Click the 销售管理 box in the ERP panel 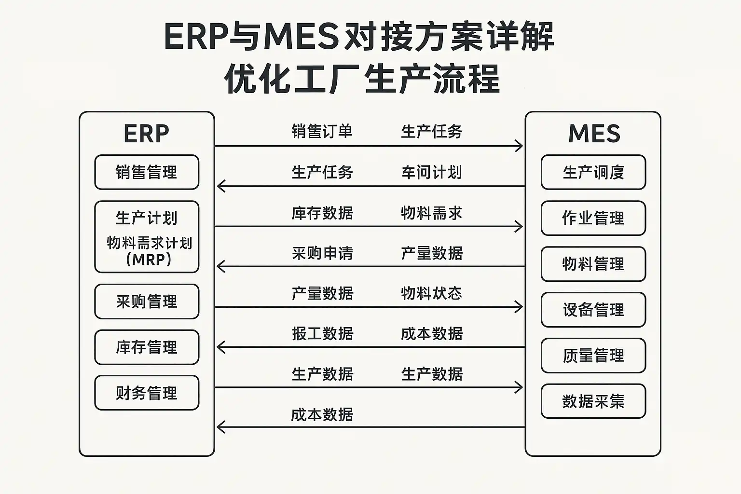147,172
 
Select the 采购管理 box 147,302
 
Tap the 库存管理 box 147,347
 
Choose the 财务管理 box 147,393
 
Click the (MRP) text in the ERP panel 149,260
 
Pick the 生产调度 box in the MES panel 593,172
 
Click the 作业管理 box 593,218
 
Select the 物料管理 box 593,264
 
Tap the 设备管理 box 593,310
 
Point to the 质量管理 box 593,356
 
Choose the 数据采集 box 593,401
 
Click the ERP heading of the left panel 147,134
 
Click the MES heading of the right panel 594,134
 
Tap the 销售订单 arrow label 322,131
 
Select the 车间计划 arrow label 432,172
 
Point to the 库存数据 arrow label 322,213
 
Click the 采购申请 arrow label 322,253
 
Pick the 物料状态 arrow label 432,293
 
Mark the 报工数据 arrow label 322,334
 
